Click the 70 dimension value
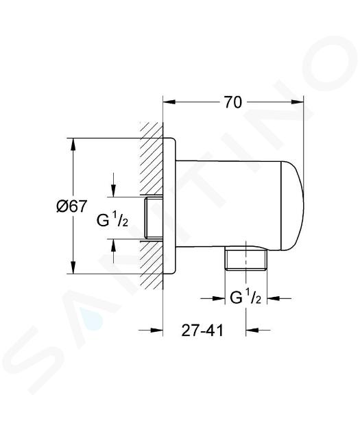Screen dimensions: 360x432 coord(232,102)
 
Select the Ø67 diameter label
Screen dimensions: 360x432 coord(71,206)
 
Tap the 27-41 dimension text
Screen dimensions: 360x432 coord(202,330)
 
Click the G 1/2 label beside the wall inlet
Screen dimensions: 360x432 coord(112,219)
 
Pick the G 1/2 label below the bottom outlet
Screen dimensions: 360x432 coord(245,298)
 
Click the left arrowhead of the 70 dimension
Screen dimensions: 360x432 coord(169,102)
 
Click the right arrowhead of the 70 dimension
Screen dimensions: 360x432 coord(297,102)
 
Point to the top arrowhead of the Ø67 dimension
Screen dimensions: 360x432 coord(73,144)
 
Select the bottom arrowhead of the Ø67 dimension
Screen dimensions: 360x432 coord(73,268)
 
